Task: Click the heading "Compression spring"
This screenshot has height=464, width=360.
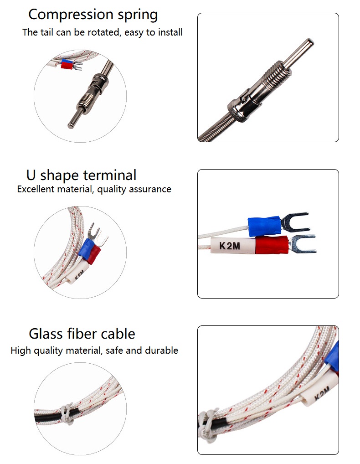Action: [x=93, y=15]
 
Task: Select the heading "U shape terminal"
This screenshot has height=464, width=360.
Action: [x=82, y=175]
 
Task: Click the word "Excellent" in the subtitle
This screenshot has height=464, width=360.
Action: [x=36, y=189]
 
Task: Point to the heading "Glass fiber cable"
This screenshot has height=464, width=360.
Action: [x=82, y=334]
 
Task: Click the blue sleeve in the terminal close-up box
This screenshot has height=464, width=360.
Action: [x=264, y=226]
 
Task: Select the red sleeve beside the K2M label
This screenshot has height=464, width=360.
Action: [x=272, y=245]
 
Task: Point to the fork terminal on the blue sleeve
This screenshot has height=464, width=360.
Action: [x=295, y=222]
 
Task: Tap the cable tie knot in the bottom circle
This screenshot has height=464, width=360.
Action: [x=67, y=414]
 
